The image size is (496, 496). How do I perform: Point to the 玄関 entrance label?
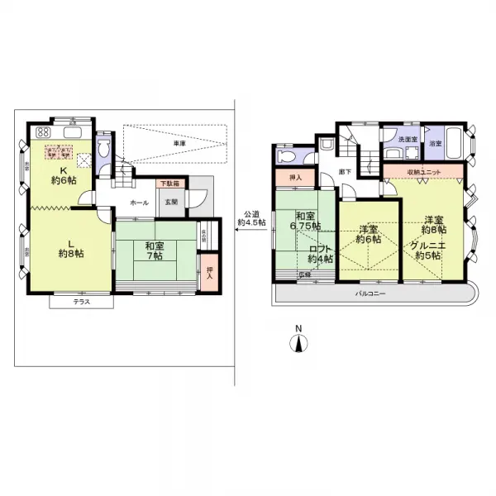click(x=169, y=202)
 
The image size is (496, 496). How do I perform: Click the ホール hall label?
click(x=140, y=203)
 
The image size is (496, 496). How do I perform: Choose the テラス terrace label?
click(x=80, y=303)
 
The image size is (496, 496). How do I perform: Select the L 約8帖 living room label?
click(x=69, y=247)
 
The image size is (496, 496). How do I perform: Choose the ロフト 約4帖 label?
click(x=321, y=253)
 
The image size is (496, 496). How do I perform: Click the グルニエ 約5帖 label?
click(x=430, y=250)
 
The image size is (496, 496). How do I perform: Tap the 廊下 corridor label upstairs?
click(x=345, y=172)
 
